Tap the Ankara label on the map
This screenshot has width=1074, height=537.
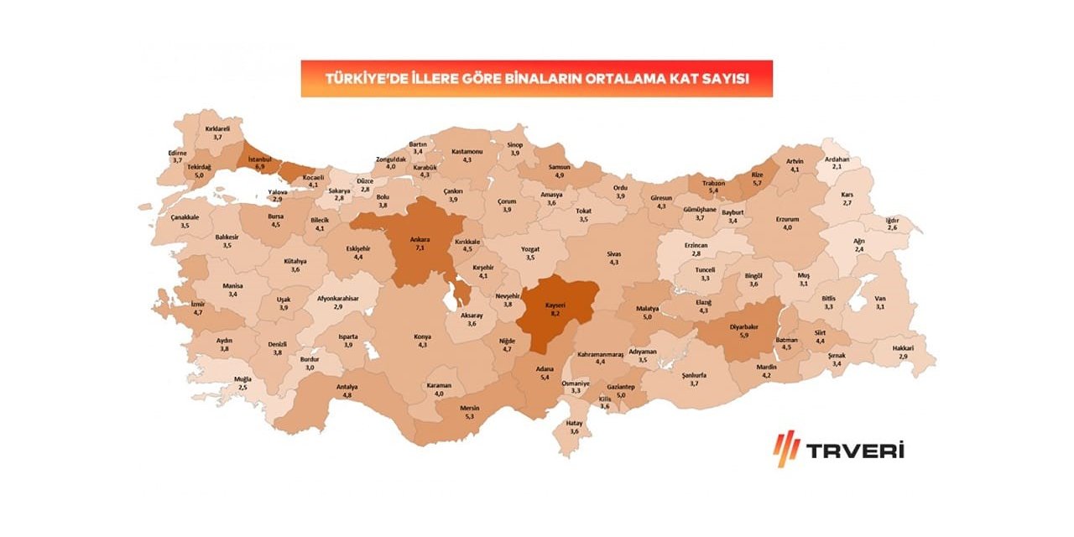click(420, 240)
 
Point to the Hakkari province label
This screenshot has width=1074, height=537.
click(903, 347)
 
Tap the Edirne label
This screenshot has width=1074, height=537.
click(177, 153)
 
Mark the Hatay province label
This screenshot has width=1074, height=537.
click(575, 424)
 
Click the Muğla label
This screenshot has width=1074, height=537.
click(242, 379)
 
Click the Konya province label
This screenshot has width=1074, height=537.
click(422, 336)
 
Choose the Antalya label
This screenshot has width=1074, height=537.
click(347, 386)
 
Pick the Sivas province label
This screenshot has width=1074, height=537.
click(613, 253)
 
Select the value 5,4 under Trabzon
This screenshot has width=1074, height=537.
click(712, 191)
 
